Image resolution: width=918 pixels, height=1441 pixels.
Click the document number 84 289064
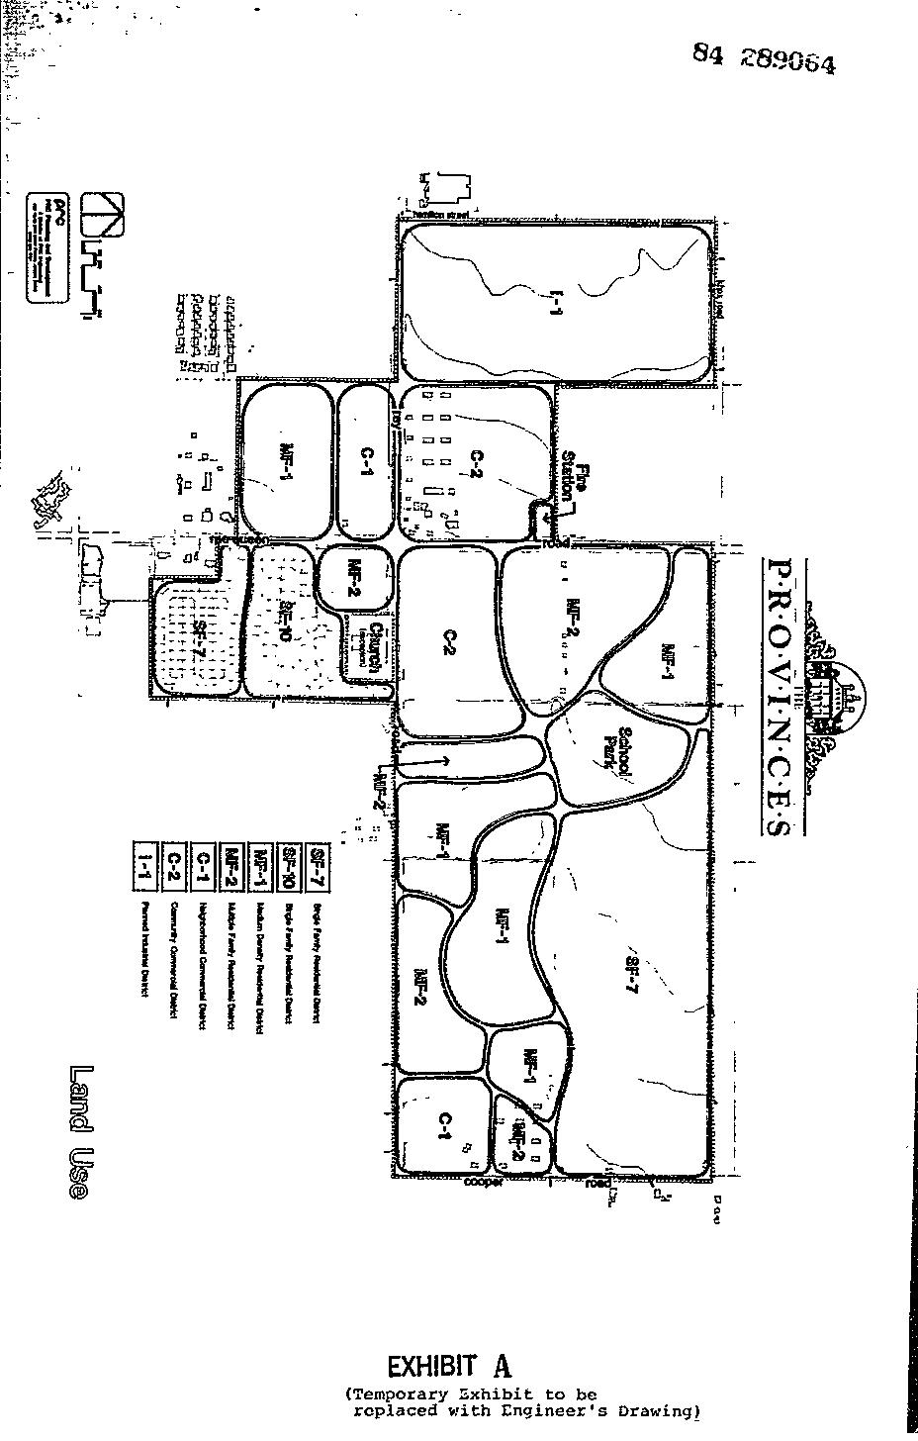pos(764,60)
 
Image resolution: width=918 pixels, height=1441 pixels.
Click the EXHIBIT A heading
pos(449,1367)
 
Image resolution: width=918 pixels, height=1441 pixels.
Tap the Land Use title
pos(81,1133)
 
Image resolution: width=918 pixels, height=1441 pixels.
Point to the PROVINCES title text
pos(780,697)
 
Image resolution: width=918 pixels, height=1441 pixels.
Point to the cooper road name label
pos(484,1182)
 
